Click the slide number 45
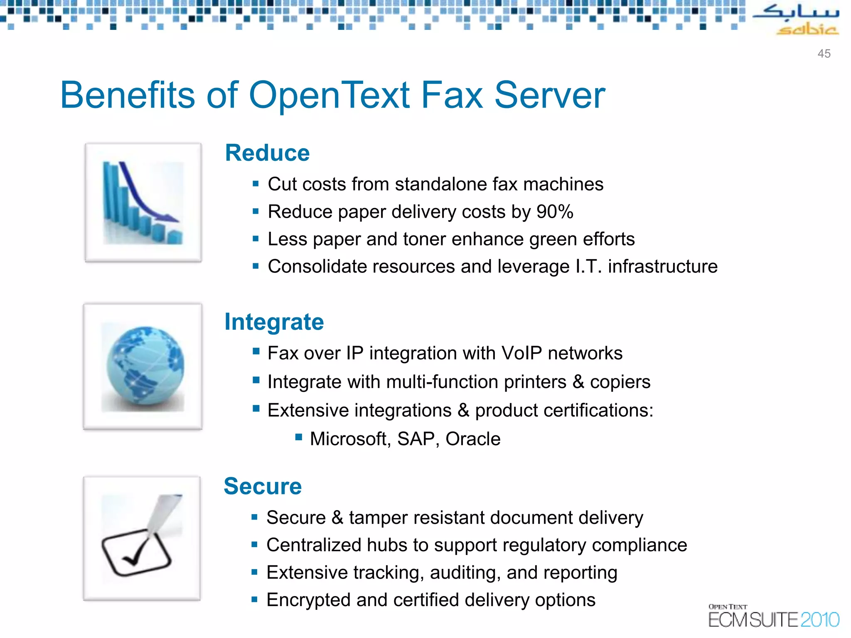(824, 54)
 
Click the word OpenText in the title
(330, 96)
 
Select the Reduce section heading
(267, 153)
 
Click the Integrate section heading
(274, 322)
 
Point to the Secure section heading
(263, 486)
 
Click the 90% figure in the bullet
(555, 212)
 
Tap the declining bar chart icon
(143, 203)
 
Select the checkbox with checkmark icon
(142, 538)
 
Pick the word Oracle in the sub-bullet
(473, 439)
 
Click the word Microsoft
(348, 439)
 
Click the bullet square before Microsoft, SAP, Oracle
(298, 437)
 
